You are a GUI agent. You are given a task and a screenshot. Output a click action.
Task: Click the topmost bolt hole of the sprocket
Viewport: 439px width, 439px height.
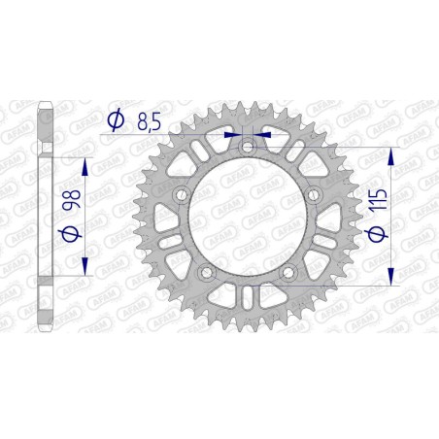click(x=248, y=147)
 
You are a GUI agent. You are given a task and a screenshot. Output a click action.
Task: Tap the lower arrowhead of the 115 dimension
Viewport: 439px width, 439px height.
click(x=391, y=278)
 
